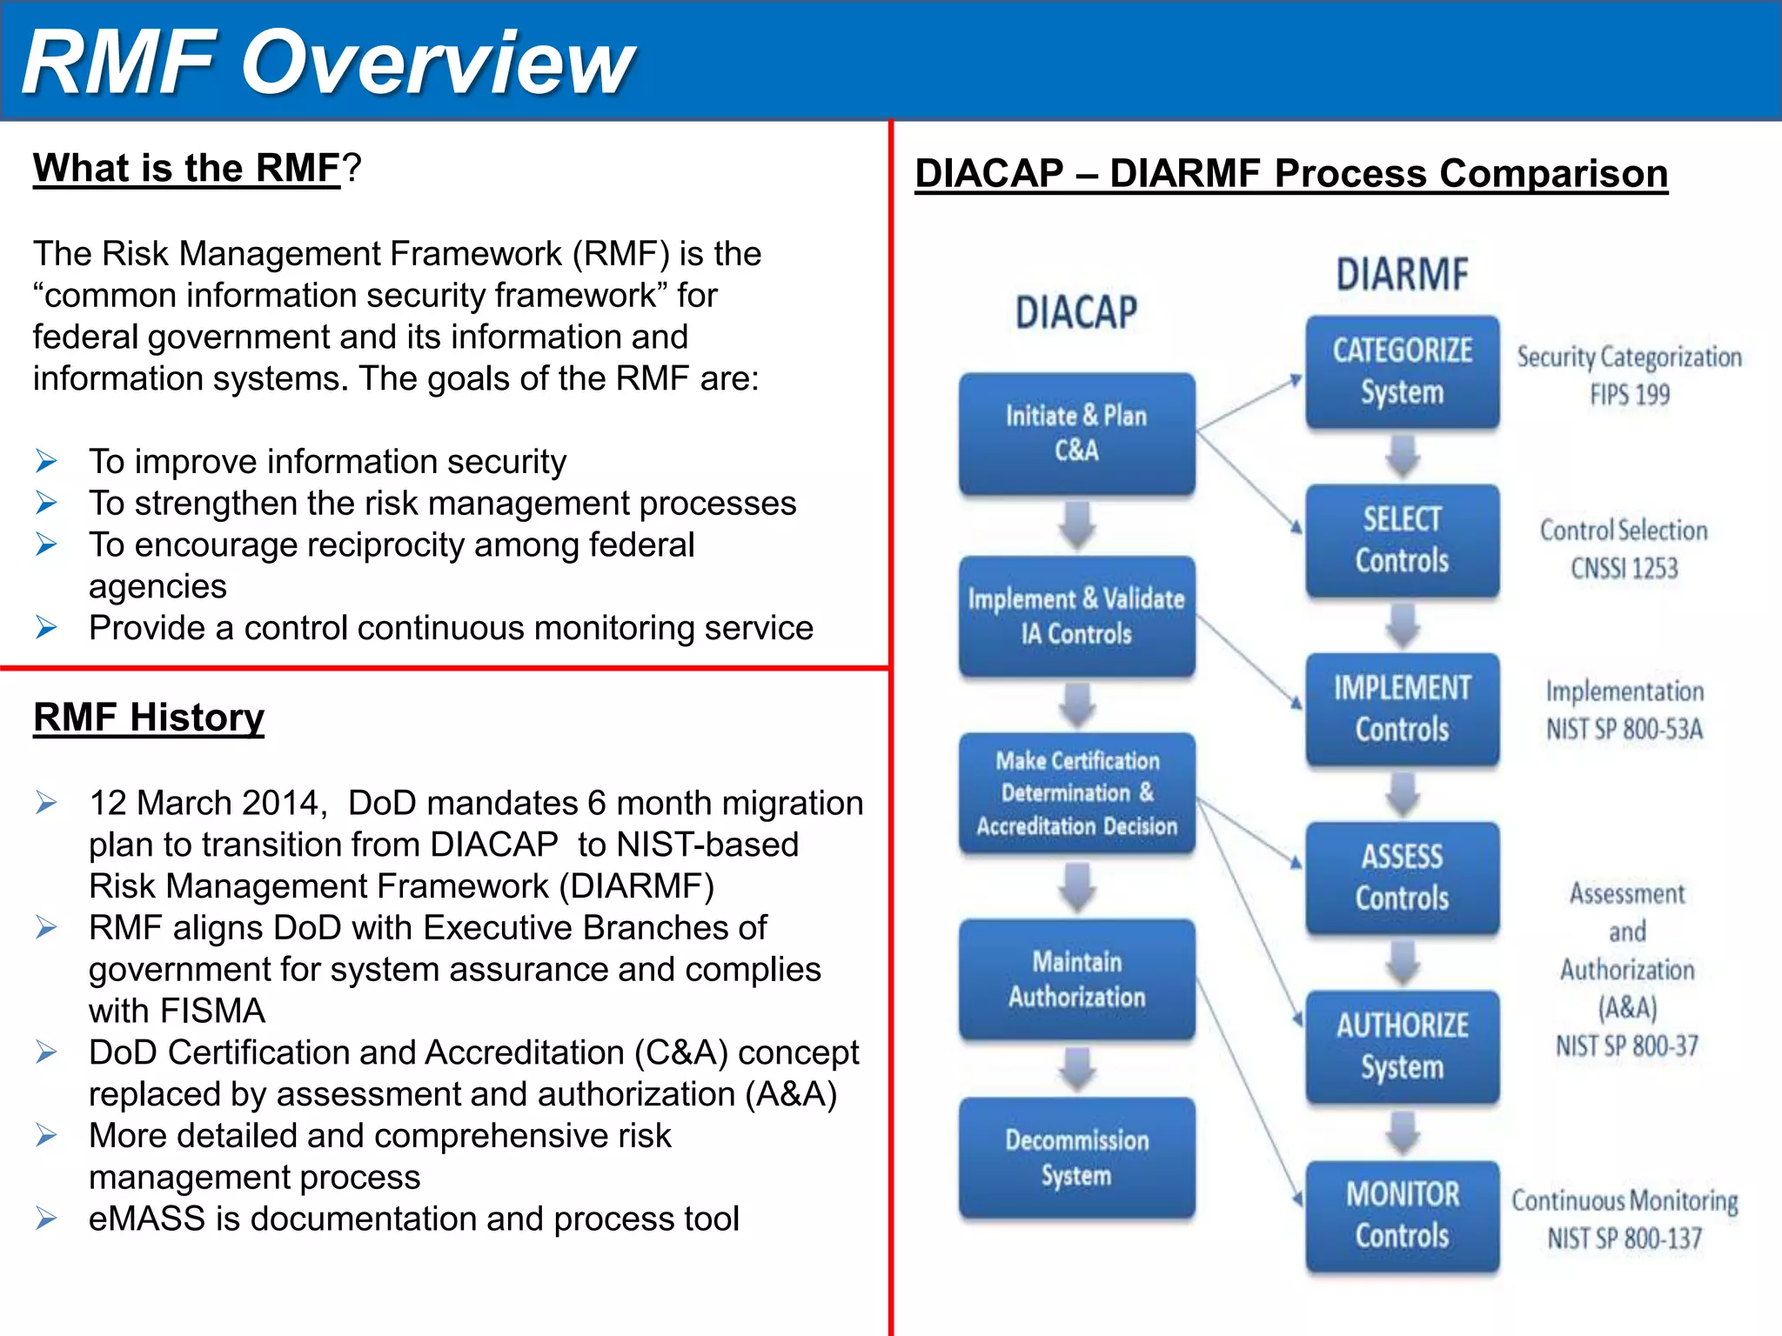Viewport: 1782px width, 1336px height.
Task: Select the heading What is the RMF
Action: pyautogui.click(x=186, y=168)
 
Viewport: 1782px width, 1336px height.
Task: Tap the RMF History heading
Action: pyautogui.click(x=149, y=718)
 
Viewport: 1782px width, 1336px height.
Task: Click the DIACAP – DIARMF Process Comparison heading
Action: pyautogui.click(x=1291, y=173)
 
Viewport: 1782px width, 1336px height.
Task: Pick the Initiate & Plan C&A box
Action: pyautogui.click(x=1076, y=433)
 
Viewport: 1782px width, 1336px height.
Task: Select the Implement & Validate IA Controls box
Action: pyautogui.click(x=1076, y=616)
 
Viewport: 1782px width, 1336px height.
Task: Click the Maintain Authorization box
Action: pyautogui.click(x=1076, y=979)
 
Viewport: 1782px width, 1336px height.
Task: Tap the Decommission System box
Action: pyautogui.click(x=1076, y=1158)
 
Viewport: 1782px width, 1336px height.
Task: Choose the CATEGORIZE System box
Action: pyautogui.click(x=1402, y=371)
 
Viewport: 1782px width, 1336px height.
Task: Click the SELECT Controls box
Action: pyautogui.click(x=1402, y=540)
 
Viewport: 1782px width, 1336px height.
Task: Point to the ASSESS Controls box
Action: pyautogui.click(x=1402, y=878)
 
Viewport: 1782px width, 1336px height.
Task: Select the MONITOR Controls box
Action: pyautogui.click(x=1402, y=1215)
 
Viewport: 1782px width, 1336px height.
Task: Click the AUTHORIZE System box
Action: pyautogui.click(x=1402, y=1046)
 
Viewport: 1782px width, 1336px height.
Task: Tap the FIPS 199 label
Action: pyautogui.click(x=1629, y=395)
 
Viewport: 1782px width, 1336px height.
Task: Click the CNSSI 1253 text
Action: pyautogui.click(x=1624, y=569)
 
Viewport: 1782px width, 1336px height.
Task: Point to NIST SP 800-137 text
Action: pyautogui.click(x=1624, y=1238)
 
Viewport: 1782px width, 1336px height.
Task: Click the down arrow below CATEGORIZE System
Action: pyautogui.click(x=1403, y=456)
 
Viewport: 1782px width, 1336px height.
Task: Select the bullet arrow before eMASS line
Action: pyautogui.click(x=47, y=1219)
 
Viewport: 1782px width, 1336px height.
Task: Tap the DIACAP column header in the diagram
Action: pyautogui.click(x=1076, y=312)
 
